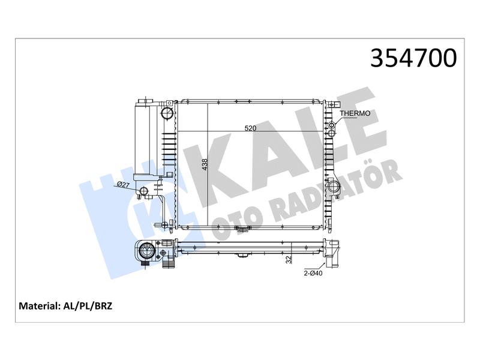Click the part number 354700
(413, 58)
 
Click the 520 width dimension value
(250, 128)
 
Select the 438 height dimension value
(205, 164)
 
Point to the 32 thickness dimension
(289, 260)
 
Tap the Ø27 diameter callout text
(124, 184)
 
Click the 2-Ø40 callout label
(313, 273)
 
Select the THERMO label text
(355, 113)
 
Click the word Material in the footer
(38, 306)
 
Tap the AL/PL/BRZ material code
(88, 306)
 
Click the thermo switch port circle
(332, 125)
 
